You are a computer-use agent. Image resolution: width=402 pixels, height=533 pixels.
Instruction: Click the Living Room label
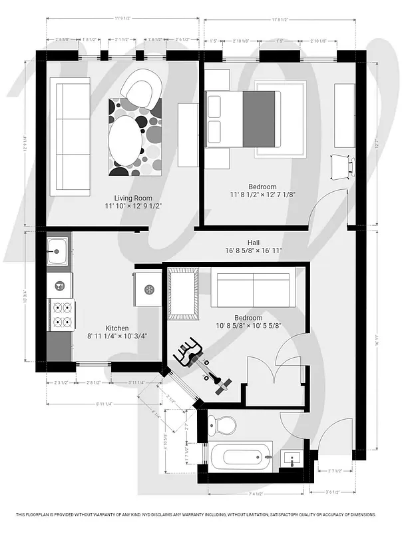tap(133, 198)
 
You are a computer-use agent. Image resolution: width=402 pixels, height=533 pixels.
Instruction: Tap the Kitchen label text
tap(117, 328)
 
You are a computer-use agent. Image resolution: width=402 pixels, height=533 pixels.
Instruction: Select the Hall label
tap(254, 243)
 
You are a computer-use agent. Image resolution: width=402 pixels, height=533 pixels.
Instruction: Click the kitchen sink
tap(57, 253)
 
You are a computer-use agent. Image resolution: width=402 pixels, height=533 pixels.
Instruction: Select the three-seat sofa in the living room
tap(70, 136)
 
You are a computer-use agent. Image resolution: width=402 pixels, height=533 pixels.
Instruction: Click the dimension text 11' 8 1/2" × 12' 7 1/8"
tap(254, 195)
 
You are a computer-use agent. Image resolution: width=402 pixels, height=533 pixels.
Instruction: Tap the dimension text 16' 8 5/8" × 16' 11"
tap(254, 251)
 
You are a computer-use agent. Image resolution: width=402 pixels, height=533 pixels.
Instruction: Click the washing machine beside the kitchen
tap(148, 289)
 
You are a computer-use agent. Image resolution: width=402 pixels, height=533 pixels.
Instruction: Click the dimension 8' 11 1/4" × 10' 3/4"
tap(117, 336)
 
